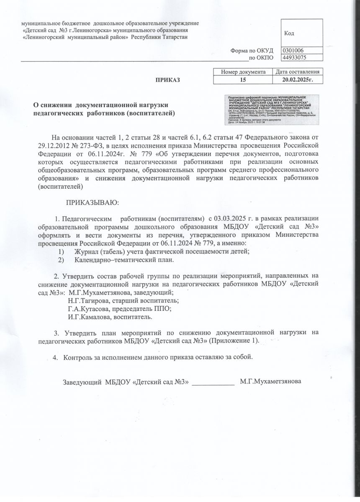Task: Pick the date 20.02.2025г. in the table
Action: tap(298, 79)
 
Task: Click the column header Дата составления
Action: tap(298, 72)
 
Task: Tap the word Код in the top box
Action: tap(289, 33)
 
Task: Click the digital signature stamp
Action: tap(273, 109)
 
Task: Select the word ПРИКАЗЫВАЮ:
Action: tap(93, 203)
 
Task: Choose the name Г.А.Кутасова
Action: tap(85, 309)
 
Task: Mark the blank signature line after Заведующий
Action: tap(213, 383)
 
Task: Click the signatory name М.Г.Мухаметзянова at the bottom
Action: tap(271, 382)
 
